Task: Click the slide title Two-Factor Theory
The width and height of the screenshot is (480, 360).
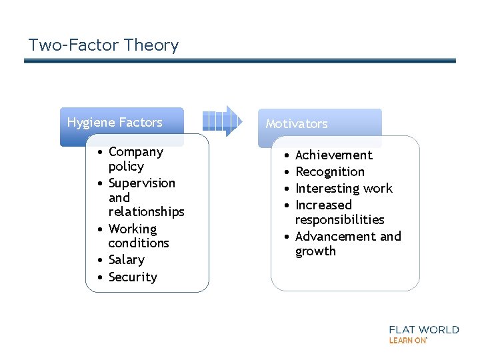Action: (103, 45)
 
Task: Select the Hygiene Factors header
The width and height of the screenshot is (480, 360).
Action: (115, 123)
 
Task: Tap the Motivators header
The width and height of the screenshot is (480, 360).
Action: (297, 124)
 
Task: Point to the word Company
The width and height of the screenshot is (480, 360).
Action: (136, 152)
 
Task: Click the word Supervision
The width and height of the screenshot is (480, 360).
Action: (142, 183)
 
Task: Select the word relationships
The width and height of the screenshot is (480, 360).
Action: (146, 212)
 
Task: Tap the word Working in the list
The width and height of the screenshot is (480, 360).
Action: (133, 229)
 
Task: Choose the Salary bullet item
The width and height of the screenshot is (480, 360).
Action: (126, 260)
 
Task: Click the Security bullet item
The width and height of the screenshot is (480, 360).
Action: (133, 277)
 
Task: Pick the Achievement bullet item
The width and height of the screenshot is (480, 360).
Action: (334, 155)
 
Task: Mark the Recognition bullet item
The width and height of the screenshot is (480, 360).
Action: (330, 172)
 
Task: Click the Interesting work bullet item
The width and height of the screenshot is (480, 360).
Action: (344, 189)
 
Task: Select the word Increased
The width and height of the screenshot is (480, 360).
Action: (323, 205)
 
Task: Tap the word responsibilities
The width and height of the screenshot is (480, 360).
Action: (340, 219)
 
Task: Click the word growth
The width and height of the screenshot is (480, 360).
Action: (315, 251)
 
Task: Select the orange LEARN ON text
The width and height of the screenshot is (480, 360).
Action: (407, 340)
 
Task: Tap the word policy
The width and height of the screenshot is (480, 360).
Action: (126, 167)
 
